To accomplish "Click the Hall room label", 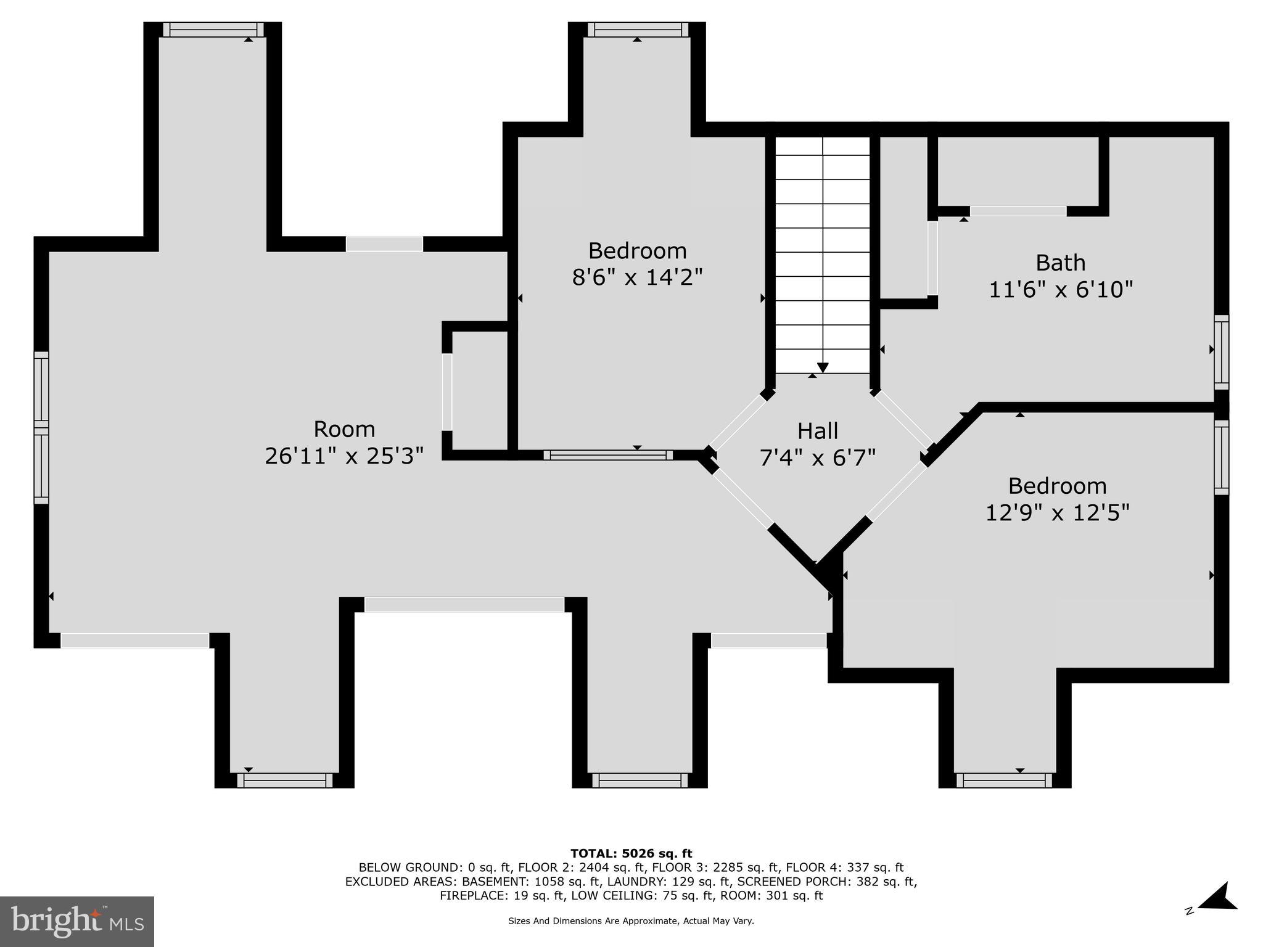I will click(818, 431).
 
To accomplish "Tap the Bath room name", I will click(1060, 263).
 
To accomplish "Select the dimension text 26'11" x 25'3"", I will click(344, 456).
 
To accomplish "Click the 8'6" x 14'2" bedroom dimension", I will click(637, 277).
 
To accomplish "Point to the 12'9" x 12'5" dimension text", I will click(1057, 512).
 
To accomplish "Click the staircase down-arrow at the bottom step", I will click(823, 367).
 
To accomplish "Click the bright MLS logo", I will click(76, 921).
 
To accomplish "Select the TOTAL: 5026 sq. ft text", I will click(631, 854).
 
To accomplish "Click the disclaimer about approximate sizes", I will click(631, 921).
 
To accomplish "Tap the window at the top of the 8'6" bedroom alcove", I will click(638, 30).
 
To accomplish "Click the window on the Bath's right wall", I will click(1221, 352).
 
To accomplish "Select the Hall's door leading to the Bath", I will click(903, 419).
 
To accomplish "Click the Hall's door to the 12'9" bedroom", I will click(897, 491).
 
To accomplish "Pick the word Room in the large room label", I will click(344, 429).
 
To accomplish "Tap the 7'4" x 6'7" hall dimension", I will click(818, 458).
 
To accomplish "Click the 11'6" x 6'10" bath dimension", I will click(1061, 289).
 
